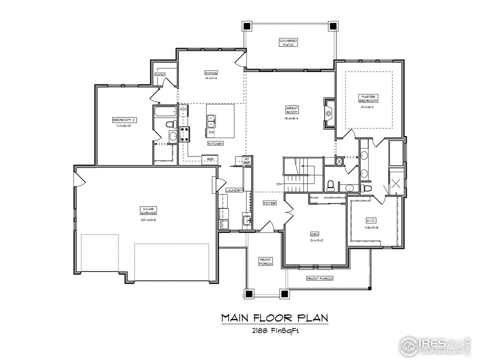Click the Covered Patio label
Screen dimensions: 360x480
tap(288, 42)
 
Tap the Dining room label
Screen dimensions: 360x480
tap(211, 73)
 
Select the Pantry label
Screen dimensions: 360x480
tap(160, 74)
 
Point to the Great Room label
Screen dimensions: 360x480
tap(292, 110)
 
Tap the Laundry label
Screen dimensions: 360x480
tap(234, 190)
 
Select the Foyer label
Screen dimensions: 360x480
tap(269, 203)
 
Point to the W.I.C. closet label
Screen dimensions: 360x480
tap(370, 220)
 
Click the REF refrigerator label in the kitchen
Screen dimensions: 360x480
tap(210, 159)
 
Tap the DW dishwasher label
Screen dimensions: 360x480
tap(211, 132)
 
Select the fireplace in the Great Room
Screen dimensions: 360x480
tap(328, 113)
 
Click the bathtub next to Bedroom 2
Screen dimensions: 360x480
tap(165, 112)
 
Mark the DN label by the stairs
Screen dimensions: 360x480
tap(279, 184)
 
